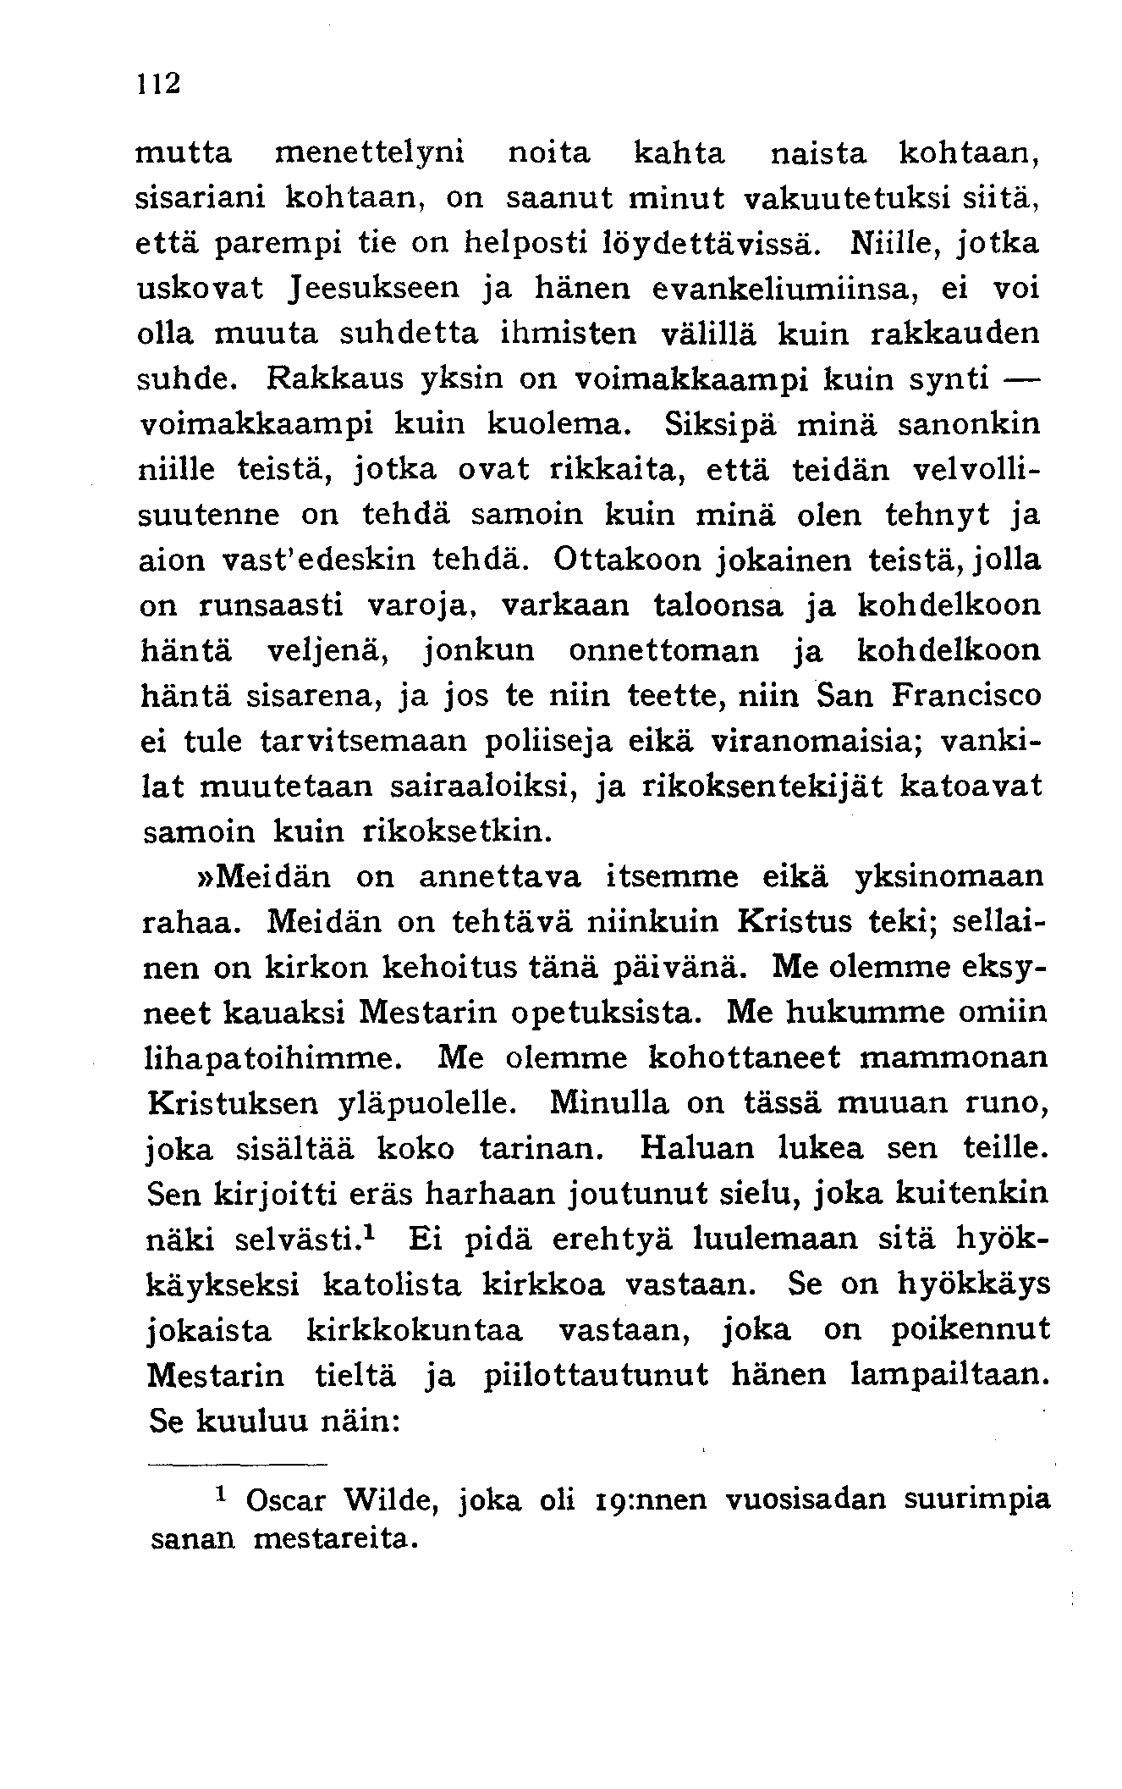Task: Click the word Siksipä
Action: coord(725,424)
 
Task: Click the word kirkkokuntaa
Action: coord(414,1331)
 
